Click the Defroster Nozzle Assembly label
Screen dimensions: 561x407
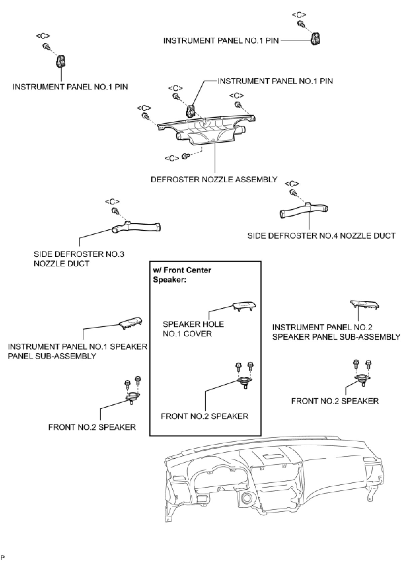(214, 180)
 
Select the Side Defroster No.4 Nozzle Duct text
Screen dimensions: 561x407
(321, 236)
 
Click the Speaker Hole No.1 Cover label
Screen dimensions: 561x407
(193, 329)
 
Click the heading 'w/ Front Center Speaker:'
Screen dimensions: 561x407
(182, 275)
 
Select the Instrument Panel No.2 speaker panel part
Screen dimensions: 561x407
(365, 304)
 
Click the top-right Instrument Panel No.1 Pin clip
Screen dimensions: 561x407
(315, 39)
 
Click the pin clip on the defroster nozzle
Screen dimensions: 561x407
(191, 111)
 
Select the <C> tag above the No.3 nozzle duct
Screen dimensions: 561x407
(112, 202)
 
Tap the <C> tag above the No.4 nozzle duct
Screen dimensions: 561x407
(292, 184)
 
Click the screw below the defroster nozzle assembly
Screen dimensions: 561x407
(185, 156)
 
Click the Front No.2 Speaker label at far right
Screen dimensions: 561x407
(335, 401)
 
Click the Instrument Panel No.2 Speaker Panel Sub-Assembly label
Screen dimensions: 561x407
(336, 332)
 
